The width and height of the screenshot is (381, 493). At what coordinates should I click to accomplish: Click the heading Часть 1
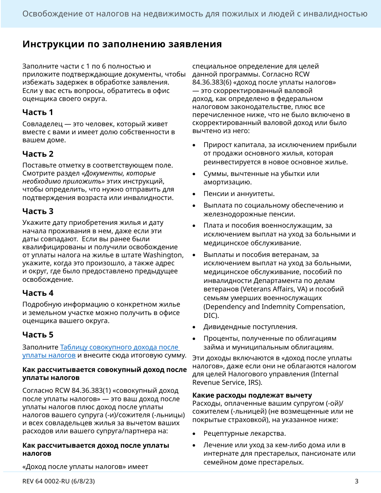(x=38, y=112)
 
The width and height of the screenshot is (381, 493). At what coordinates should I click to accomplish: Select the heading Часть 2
(x=38, y=154)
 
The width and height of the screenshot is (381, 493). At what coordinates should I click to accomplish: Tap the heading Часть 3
(x=38, y=211)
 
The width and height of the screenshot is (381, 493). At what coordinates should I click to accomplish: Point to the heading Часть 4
(x=38, y=293)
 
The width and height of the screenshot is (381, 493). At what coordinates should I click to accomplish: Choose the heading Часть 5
(x=38, y=335)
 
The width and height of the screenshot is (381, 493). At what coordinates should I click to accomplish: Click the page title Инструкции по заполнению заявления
(x=122, y=44)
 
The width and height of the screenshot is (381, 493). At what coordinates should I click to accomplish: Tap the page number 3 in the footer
(x=356, y=481)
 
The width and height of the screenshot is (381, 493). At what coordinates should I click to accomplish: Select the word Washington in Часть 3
(x=163, y=255)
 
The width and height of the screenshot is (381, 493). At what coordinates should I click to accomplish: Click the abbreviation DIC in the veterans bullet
(x=209, y=315)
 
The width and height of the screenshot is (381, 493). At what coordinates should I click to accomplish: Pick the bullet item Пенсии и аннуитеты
(x=239, y=194)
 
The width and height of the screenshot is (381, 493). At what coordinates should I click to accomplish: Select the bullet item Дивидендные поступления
(x=250, y=327)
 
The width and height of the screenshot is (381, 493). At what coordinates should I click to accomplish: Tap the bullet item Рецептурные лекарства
(x=245, y=434)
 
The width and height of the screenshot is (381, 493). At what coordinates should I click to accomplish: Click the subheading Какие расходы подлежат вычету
(x=252, y=395)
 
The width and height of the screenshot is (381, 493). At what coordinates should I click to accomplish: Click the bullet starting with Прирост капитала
(x=280, y=154)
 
